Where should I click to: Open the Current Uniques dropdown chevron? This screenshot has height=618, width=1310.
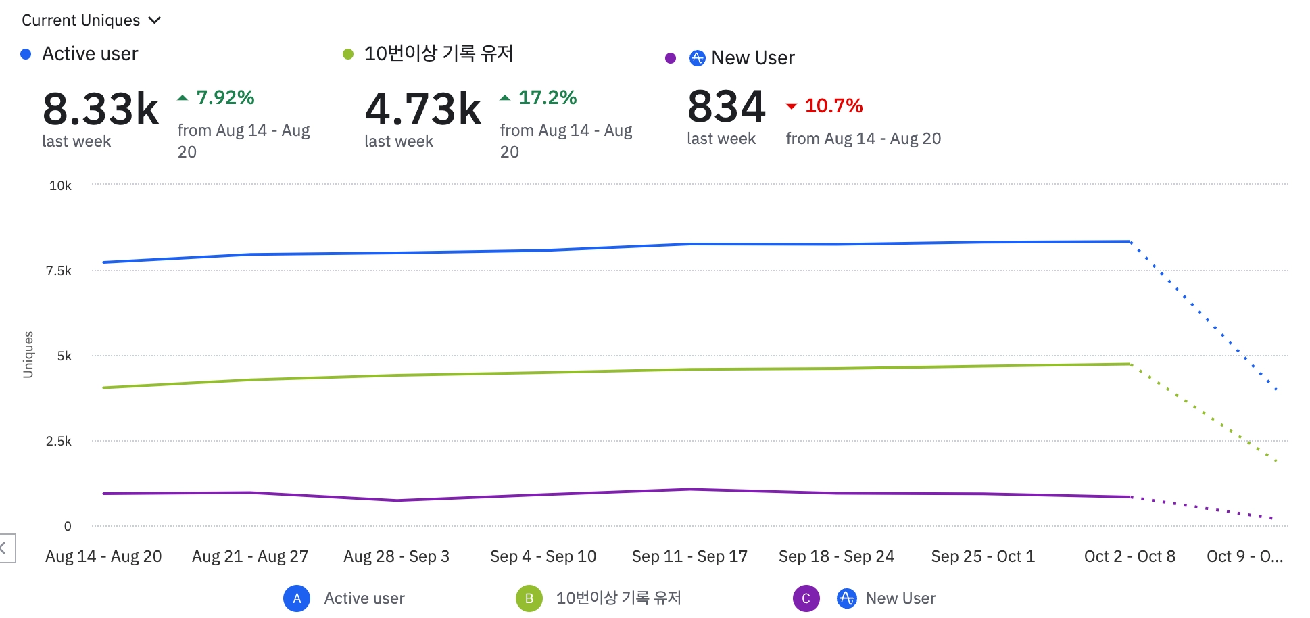[155, 20]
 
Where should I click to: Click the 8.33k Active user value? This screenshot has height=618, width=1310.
[101, 110]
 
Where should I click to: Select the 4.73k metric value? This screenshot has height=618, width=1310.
[423, 110]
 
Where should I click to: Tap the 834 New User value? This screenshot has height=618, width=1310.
[726, 107]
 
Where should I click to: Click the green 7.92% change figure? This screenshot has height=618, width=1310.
[225, 98]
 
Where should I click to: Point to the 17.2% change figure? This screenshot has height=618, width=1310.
[548, 98]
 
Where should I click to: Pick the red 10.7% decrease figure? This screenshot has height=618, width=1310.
[833, 106]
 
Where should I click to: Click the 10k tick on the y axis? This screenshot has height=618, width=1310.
[60, 185]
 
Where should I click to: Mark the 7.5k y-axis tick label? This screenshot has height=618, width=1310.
[59, 271]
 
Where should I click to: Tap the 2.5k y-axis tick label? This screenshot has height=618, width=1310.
[59, 442]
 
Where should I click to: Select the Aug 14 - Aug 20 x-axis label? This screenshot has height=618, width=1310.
[103, 556]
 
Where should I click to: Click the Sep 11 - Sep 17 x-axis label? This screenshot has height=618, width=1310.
[689, 556]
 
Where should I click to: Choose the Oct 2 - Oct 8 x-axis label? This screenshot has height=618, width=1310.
[1130, 556]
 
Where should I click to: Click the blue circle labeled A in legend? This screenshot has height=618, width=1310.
[297, 598]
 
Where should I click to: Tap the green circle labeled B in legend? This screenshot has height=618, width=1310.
[529, 598]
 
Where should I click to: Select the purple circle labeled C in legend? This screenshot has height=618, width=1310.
[806, 598]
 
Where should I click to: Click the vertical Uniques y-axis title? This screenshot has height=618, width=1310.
[28, 354]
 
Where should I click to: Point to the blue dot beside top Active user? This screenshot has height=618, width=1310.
[26, 54]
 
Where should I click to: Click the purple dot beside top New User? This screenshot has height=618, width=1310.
[671, 58]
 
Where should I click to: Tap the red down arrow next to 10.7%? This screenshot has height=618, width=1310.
[792, 106]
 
